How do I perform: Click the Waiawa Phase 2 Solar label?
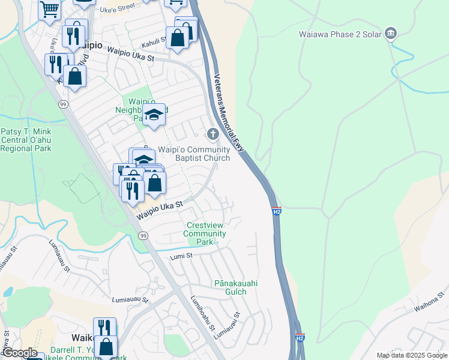click(340, 34)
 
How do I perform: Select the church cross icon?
click(212, 133)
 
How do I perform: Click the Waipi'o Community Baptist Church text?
click(193, 154)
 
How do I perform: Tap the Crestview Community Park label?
click(206, 233)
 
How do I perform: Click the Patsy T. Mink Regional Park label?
click(26, 140)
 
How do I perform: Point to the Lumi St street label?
click(181, 256)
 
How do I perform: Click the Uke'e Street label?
click(116, 8)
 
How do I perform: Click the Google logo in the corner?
click(19, 353)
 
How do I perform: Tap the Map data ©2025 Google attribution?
click(412, 355)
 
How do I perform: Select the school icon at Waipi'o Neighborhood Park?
click(154, 115)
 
